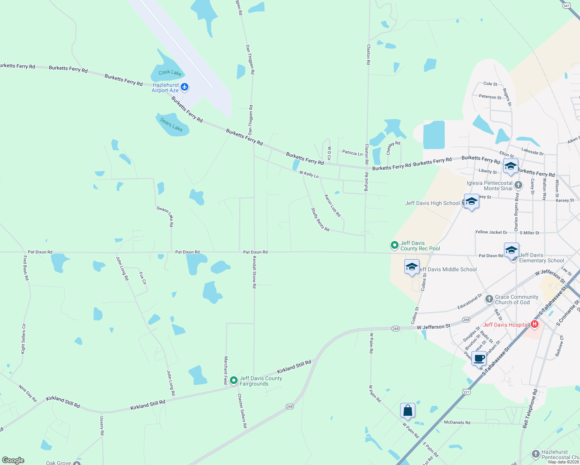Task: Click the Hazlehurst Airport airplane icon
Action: coord(185,87)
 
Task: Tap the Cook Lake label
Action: coord(170,72)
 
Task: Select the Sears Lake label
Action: coord(171,125)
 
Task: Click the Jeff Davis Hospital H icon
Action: coord(535,324)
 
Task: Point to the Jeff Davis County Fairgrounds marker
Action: coord(234,381)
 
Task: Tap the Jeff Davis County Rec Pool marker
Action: coord(394,245)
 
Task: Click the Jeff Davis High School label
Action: coord(432,203)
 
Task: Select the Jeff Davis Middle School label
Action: coord(448,269)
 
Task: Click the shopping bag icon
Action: coord(407,410)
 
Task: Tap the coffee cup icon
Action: coord(479,358)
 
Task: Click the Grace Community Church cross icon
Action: coord(489,299)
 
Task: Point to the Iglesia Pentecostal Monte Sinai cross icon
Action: coord(518,185)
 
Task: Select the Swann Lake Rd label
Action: coord(165,216)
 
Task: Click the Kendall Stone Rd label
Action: coord(254,272)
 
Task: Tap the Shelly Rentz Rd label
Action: coord(320,220)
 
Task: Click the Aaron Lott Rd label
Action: coord(333,206)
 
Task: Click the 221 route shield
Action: coord(466,392)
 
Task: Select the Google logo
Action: coord(13,460)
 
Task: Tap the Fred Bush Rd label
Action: coord(26,268)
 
